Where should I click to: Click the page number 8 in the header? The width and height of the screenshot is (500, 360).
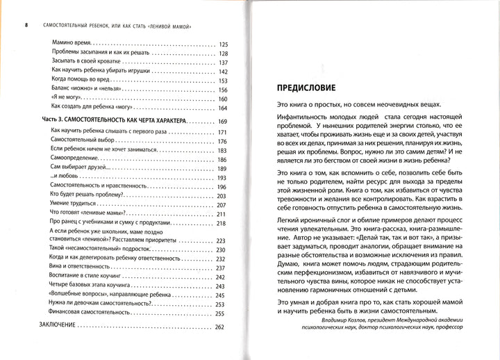pos(26,26)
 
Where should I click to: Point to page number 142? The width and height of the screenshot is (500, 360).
pos(223,71)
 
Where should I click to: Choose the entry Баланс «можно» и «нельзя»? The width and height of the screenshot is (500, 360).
pos(90,89)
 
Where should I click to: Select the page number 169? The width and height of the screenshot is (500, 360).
pos(223,121)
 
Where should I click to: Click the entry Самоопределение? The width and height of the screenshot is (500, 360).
pos(80,159)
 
